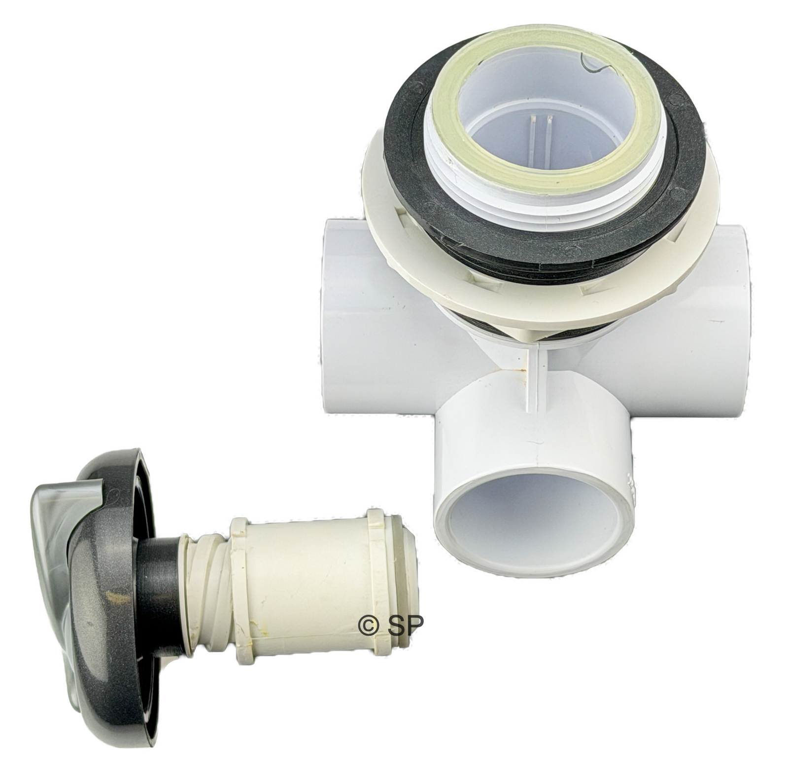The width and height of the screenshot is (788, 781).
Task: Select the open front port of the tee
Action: [x=535, y=533]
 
